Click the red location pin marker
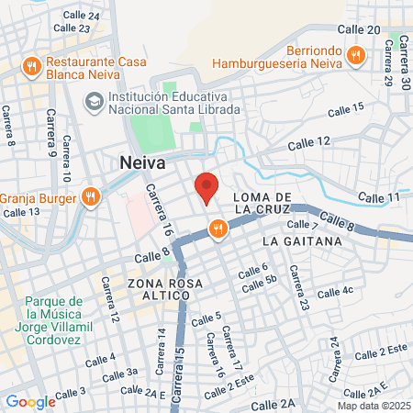click(206, 186)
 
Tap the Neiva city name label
click(142, 162)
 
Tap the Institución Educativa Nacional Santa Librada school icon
click(94, 101)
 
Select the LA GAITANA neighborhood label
click(301, 240)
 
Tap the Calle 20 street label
click(360, 30)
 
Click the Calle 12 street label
click(308, 142)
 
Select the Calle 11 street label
click(379, 197)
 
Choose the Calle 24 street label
click(83, 16)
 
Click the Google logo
click(30, 401)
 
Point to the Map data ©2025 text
click(372, 406)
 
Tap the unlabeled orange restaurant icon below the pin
click(218, 229)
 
